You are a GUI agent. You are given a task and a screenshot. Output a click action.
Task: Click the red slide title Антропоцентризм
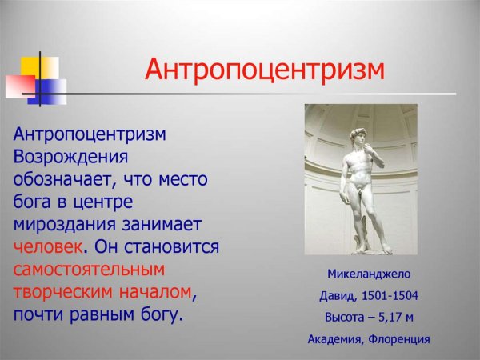[264, 70]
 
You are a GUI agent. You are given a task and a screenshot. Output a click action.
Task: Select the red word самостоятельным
[89, 268]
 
